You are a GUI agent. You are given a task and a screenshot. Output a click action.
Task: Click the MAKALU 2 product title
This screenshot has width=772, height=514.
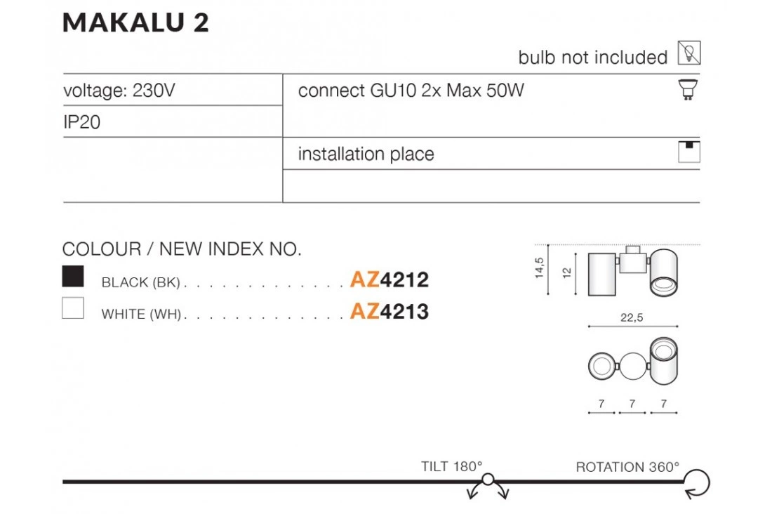(135, 23)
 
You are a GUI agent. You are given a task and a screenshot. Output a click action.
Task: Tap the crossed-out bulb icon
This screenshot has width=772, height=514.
(689, 53)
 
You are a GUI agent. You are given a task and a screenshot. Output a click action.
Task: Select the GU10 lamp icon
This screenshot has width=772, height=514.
(689, 90)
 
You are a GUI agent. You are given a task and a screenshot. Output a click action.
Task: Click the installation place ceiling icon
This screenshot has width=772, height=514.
(689, 152)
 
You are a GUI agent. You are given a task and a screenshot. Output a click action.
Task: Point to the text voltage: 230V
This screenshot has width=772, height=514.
(118, 91)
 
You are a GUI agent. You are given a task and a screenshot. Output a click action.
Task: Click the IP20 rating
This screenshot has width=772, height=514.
(82, 122)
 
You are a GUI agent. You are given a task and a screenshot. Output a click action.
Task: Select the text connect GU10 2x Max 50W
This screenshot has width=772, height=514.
(411, 91)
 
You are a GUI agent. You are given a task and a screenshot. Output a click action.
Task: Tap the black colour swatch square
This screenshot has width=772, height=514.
(73, 277)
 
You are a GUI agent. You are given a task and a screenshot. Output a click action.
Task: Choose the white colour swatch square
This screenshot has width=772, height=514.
(73, 308)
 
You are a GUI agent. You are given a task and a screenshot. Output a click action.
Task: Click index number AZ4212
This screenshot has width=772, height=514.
(390, 280)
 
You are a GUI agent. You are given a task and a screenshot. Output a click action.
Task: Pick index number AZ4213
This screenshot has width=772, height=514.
(390, 311)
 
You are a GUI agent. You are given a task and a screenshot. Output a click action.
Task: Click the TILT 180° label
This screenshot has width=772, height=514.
(452, 466)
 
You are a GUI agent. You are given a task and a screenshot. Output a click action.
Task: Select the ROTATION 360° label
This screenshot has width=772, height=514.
(627, 466)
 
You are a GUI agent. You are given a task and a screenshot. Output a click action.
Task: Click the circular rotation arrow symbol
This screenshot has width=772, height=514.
(698, 482)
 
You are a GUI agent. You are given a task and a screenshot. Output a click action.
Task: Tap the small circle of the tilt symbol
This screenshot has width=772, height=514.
(488, 481)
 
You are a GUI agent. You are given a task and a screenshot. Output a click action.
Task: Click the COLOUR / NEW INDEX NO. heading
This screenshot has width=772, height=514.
(182, 249)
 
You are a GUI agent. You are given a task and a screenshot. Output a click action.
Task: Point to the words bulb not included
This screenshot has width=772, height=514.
(593, 58)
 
